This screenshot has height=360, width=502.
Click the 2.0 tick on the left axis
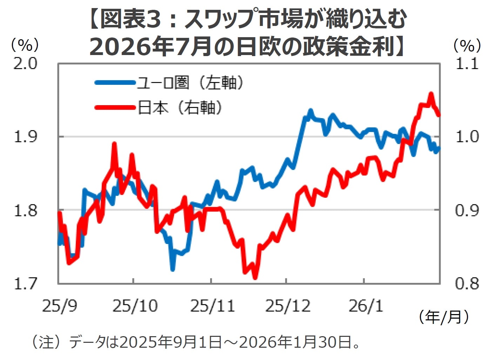pyautogui.click(x=25, y=63)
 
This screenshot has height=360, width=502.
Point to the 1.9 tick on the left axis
pyautogui.click(x=25, y=137)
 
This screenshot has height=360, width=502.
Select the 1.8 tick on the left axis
pyautogui.click(x=25, y=210)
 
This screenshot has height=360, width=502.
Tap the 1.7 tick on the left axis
pyautogui.click(x=25, y=284)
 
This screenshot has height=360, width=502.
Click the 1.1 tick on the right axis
pyautogui.click(x=467, y=63)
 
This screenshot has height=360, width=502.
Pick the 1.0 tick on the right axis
pyautogui.click(x=467, y=137)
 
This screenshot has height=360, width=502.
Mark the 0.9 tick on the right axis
pyautogui.click(x=467, y=210)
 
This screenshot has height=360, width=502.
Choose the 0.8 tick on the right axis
pyautogui.click(x=467, y=284)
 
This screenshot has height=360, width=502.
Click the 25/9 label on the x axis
pyautogui.click(x=60, y=306)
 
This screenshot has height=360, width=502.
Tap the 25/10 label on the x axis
pyautogui.click(x=135, y=306)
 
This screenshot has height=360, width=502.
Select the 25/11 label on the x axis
pyautogui.click(x=212, y=306)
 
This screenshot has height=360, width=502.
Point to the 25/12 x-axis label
pyautogui.click(x=288, y=306)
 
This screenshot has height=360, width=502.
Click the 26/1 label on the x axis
pyautogui.click(x=365, y=306)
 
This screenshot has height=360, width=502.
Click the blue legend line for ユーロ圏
pyautogui.click(x=115, y=83)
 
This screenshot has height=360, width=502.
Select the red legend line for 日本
pyautogui.click(x=115, y=107)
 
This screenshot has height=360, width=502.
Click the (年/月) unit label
pyautogui.click(x=443, y=317)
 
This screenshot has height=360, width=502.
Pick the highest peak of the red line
pyautogui.click(x=431, y=94)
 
